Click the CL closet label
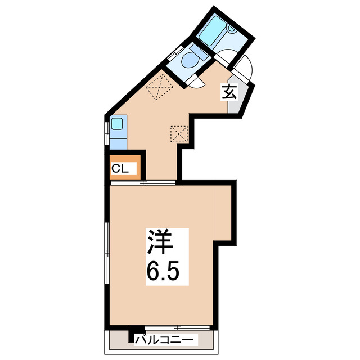120,168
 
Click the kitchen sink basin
118,123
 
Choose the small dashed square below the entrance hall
179,134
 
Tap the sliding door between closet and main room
143,182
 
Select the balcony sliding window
178,328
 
